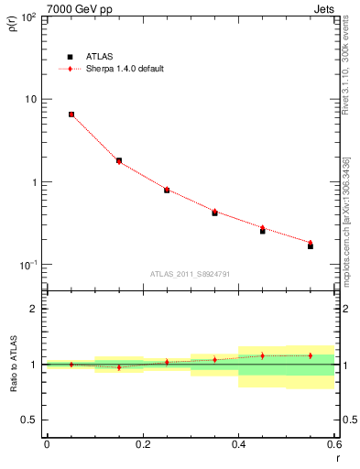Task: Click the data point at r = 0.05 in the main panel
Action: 71,115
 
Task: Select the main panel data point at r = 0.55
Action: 311,245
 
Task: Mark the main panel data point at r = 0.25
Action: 167,190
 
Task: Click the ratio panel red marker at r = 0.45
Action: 262,355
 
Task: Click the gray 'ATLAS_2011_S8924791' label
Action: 191,273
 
